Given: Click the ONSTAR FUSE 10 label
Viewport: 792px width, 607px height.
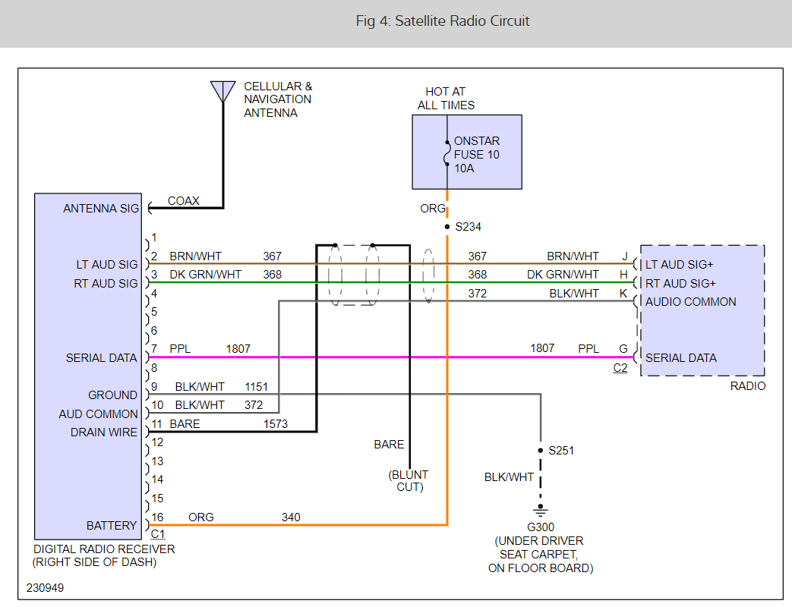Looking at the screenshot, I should point(476,148).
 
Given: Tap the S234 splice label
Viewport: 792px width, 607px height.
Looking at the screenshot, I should point(468,227).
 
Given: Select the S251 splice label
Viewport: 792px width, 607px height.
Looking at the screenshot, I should point(562,451).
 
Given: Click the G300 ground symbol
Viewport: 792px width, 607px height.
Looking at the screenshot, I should point(541,508).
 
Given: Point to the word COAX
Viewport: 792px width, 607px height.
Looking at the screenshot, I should point(183,201).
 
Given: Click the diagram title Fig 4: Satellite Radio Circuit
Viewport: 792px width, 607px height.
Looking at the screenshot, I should point(443,21).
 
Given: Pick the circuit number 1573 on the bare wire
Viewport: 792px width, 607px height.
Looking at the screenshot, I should point(276,424).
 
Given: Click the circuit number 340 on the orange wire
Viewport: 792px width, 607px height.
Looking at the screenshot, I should point(291,517).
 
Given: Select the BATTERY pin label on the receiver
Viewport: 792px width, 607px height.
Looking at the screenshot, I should point(112,525).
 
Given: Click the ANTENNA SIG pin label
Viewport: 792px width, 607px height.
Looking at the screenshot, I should point(101,209).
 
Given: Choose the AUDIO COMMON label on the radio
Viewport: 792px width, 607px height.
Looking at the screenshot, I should point(690,301).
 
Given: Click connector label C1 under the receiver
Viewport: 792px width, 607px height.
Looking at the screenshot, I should point(158,534).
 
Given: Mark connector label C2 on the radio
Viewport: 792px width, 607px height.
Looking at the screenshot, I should point(620,368).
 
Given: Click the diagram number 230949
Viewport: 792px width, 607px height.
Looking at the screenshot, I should point(46,588).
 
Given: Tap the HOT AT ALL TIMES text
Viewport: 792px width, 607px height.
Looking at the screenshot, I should point(446,99).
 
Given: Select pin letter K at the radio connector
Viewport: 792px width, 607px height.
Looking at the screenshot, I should point(623,293).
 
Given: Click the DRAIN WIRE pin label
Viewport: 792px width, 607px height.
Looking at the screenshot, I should point(104,432).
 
